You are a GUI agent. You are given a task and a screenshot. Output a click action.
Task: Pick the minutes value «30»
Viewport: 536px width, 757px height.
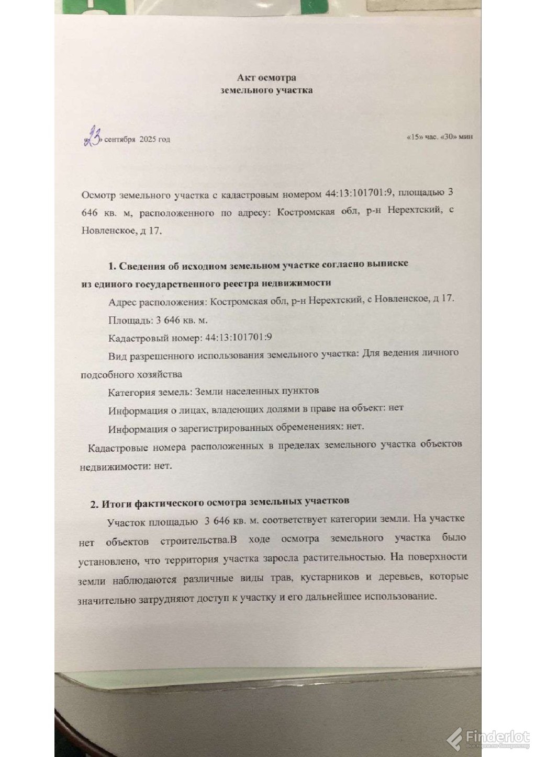pyautogui.click(x=449, y=137)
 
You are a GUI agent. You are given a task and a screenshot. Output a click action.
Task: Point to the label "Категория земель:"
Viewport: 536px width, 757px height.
pyautogui.click(x=147, y=392)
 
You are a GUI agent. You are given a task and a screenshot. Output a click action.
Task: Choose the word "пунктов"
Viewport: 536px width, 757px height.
pyautogui.click(x=298, y=391)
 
